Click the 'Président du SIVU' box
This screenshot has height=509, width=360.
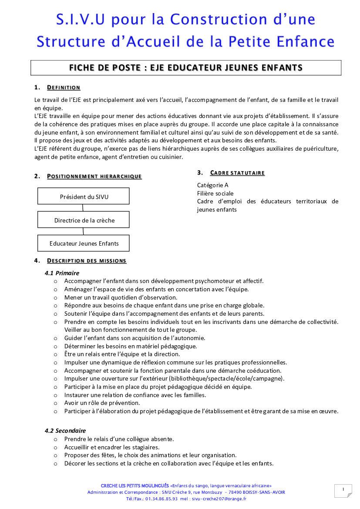point(84,196)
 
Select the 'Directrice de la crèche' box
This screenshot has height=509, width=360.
point(84,220)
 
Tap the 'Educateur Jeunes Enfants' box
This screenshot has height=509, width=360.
point(84,243)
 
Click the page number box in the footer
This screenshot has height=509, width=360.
point(343,491)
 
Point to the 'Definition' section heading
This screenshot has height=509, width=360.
point(64,88)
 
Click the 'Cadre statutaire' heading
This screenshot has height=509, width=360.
point(237,173)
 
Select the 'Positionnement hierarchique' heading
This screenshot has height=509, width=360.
point(94,176)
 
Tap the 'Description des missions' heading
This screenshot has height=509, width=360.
point(87,261)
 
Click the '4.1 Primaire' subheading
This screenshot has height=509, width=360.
point(62,273)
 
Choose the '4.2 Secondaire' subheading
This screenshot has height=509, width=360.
point(65,431)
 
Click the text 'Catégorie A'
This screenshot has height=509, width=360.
point(212,185)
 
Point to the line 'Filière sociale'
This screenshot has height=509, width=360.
point(215,193)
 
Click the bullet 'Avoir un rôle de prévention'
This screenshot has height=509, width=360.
point(102,403)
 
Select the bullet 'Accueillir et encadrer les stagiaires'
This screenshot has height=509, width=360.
point(112,447)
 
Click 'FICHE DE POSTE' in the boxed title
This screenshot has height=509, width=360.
point(106,67)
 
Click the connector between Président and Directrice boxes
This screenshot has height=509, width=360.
point(83,208)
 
